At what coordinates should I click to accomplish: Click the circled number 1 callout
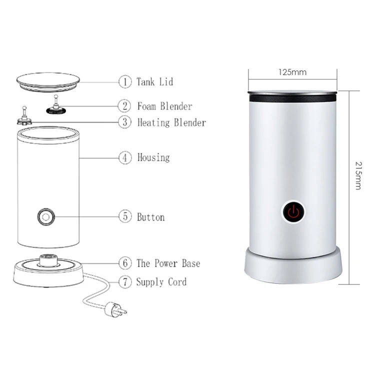click(124, 81)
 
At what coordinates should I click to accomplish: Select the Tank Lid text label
click(155, 81)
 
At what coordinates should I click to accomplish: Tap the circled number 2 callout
click(124, 106)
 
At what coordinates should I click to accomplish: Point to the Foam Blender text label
click(164, 106)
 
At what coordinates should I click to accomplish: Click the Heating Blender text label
click(171, 122)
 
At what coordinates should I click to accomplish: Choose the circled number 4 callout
click(124, 157)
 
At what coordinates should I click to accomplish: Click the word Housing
click(153, 157)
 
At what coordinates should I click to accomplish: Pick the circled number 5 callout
click(124, 217)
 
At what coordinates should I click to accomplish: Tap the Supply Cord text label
click(161, 282)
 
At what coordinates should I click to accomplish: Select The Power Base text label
click(168, 263)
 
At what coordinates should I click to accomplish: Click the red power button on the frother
click(293, 212)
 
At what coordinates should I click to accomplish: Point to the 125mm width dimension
click(292, 72)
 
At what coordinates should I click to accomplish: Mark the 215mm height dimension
click(358, 175)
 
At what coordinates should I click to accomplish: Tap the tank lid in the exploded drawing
click(48, 81)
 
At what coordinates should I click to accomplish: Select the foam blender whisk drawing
click(56, 105)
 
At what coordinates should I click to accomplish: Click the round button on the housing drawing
click(45, 217)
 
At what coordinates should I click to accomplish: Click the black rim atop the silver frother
click(292, 96)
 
